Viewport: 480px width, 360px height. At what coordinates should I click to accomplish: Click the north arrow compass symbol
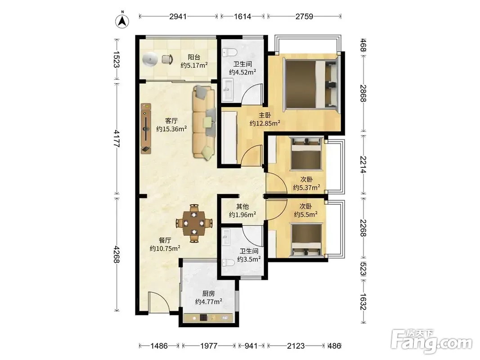coord(122,20)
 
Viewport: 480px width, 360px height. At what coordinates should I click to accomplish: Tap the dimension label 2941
coord(178,16)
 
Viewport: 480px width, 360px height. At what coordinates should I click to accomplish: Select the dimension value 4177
coord(117,139)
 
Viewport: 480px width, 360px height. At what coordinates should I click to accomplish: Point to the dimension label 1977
coord(209,346)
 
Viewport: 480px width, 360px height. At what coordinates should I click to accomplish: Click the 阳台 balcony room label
coord(194,57)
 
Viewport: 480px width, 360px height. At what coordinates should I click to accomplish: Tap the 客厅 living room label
coord(171,121)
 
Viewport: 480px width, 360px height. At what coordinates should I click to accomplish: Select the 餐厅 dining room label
coord(165,240)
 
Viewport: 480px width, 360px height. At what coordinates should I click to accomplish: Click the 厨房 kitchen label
coord(208,293)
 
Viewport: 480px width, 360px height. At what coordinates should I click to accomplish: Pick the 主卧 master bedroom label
coord(265,115)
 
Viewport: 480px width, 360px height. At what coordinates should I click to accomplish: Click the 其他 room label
coord(242,207)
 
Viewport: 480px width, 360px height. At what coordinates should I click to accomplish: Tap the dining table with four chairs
coord(194,224)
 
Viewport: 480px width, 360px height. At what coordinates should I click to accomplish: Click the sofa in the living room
coord(204,122)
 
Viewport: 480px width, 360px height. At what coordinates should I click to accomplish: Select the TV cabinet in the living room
coord(146,129)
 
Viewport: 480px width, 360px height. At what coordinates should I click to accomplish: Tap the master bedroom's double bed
coord(312,84)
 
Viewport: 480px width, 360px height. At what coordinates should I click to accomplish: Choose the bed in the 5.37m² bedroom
coord(307,153)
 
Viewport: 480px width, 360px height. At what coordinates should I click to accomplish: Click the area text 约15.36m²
coord(171,129)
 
